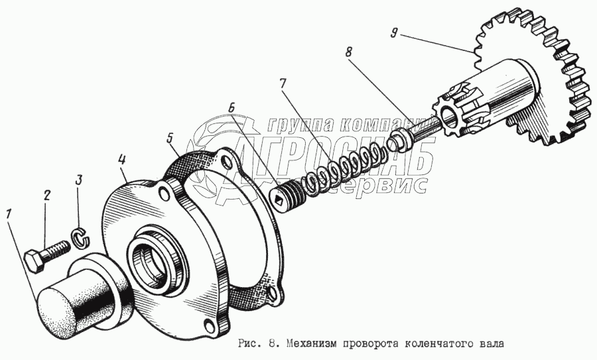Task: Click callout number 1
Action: point(9,215)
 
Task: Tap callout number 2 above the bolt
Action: point(46,196)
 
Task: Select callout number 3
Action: point(78,180)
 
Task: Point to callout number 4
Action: point(121,160)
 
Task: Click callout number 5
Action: point(169,138)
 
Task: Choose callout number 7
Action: point(282,84)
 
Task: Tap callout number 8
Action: point(348,52)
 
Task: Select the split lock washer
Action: point(80,239)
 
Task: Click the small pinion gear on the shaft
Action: point(453,111)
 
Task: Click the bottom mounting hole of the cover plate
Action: point(209,326)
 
